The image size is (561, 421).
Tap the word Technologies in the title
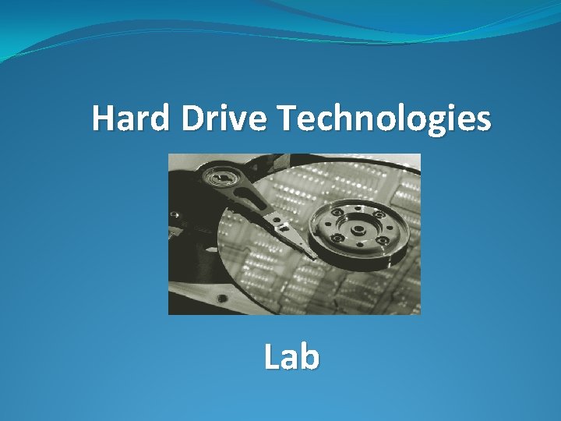[384, 119]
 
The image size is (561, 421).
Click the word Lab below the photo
[291, 357]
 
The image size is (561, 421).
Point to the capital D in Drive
[195, 119]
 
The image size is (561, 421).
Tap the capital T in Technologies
[285, 119]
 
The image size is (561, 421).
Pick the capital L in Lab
[272, 357]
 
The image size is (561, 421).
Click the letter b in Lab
[309, 357]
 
